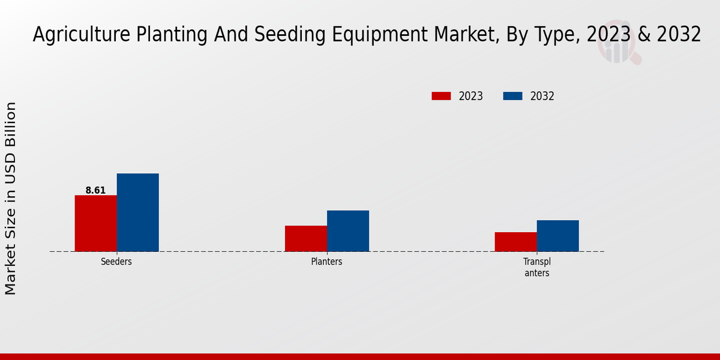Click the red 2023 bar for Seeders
(95, 223)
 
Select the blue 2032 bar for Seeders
(137, 212)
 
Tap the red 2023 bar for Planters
(305, 238)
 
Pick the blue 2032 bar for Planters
(348, 231)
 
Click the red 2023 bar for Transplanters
(515, 242)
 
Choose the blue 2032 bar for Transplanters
(558, 236)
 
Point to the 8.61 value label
(95, 190)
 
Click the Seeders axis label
(116, 262)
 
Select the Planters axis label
(327, 262)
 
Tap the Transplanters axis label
(536, 267)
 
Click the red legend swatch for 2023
(441, 96)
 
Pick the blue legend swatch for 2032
(512, 96)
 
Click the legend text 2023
(471, 96)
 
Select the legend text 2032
(542, 96)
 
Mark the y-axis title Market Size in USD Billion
(11, 198)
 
